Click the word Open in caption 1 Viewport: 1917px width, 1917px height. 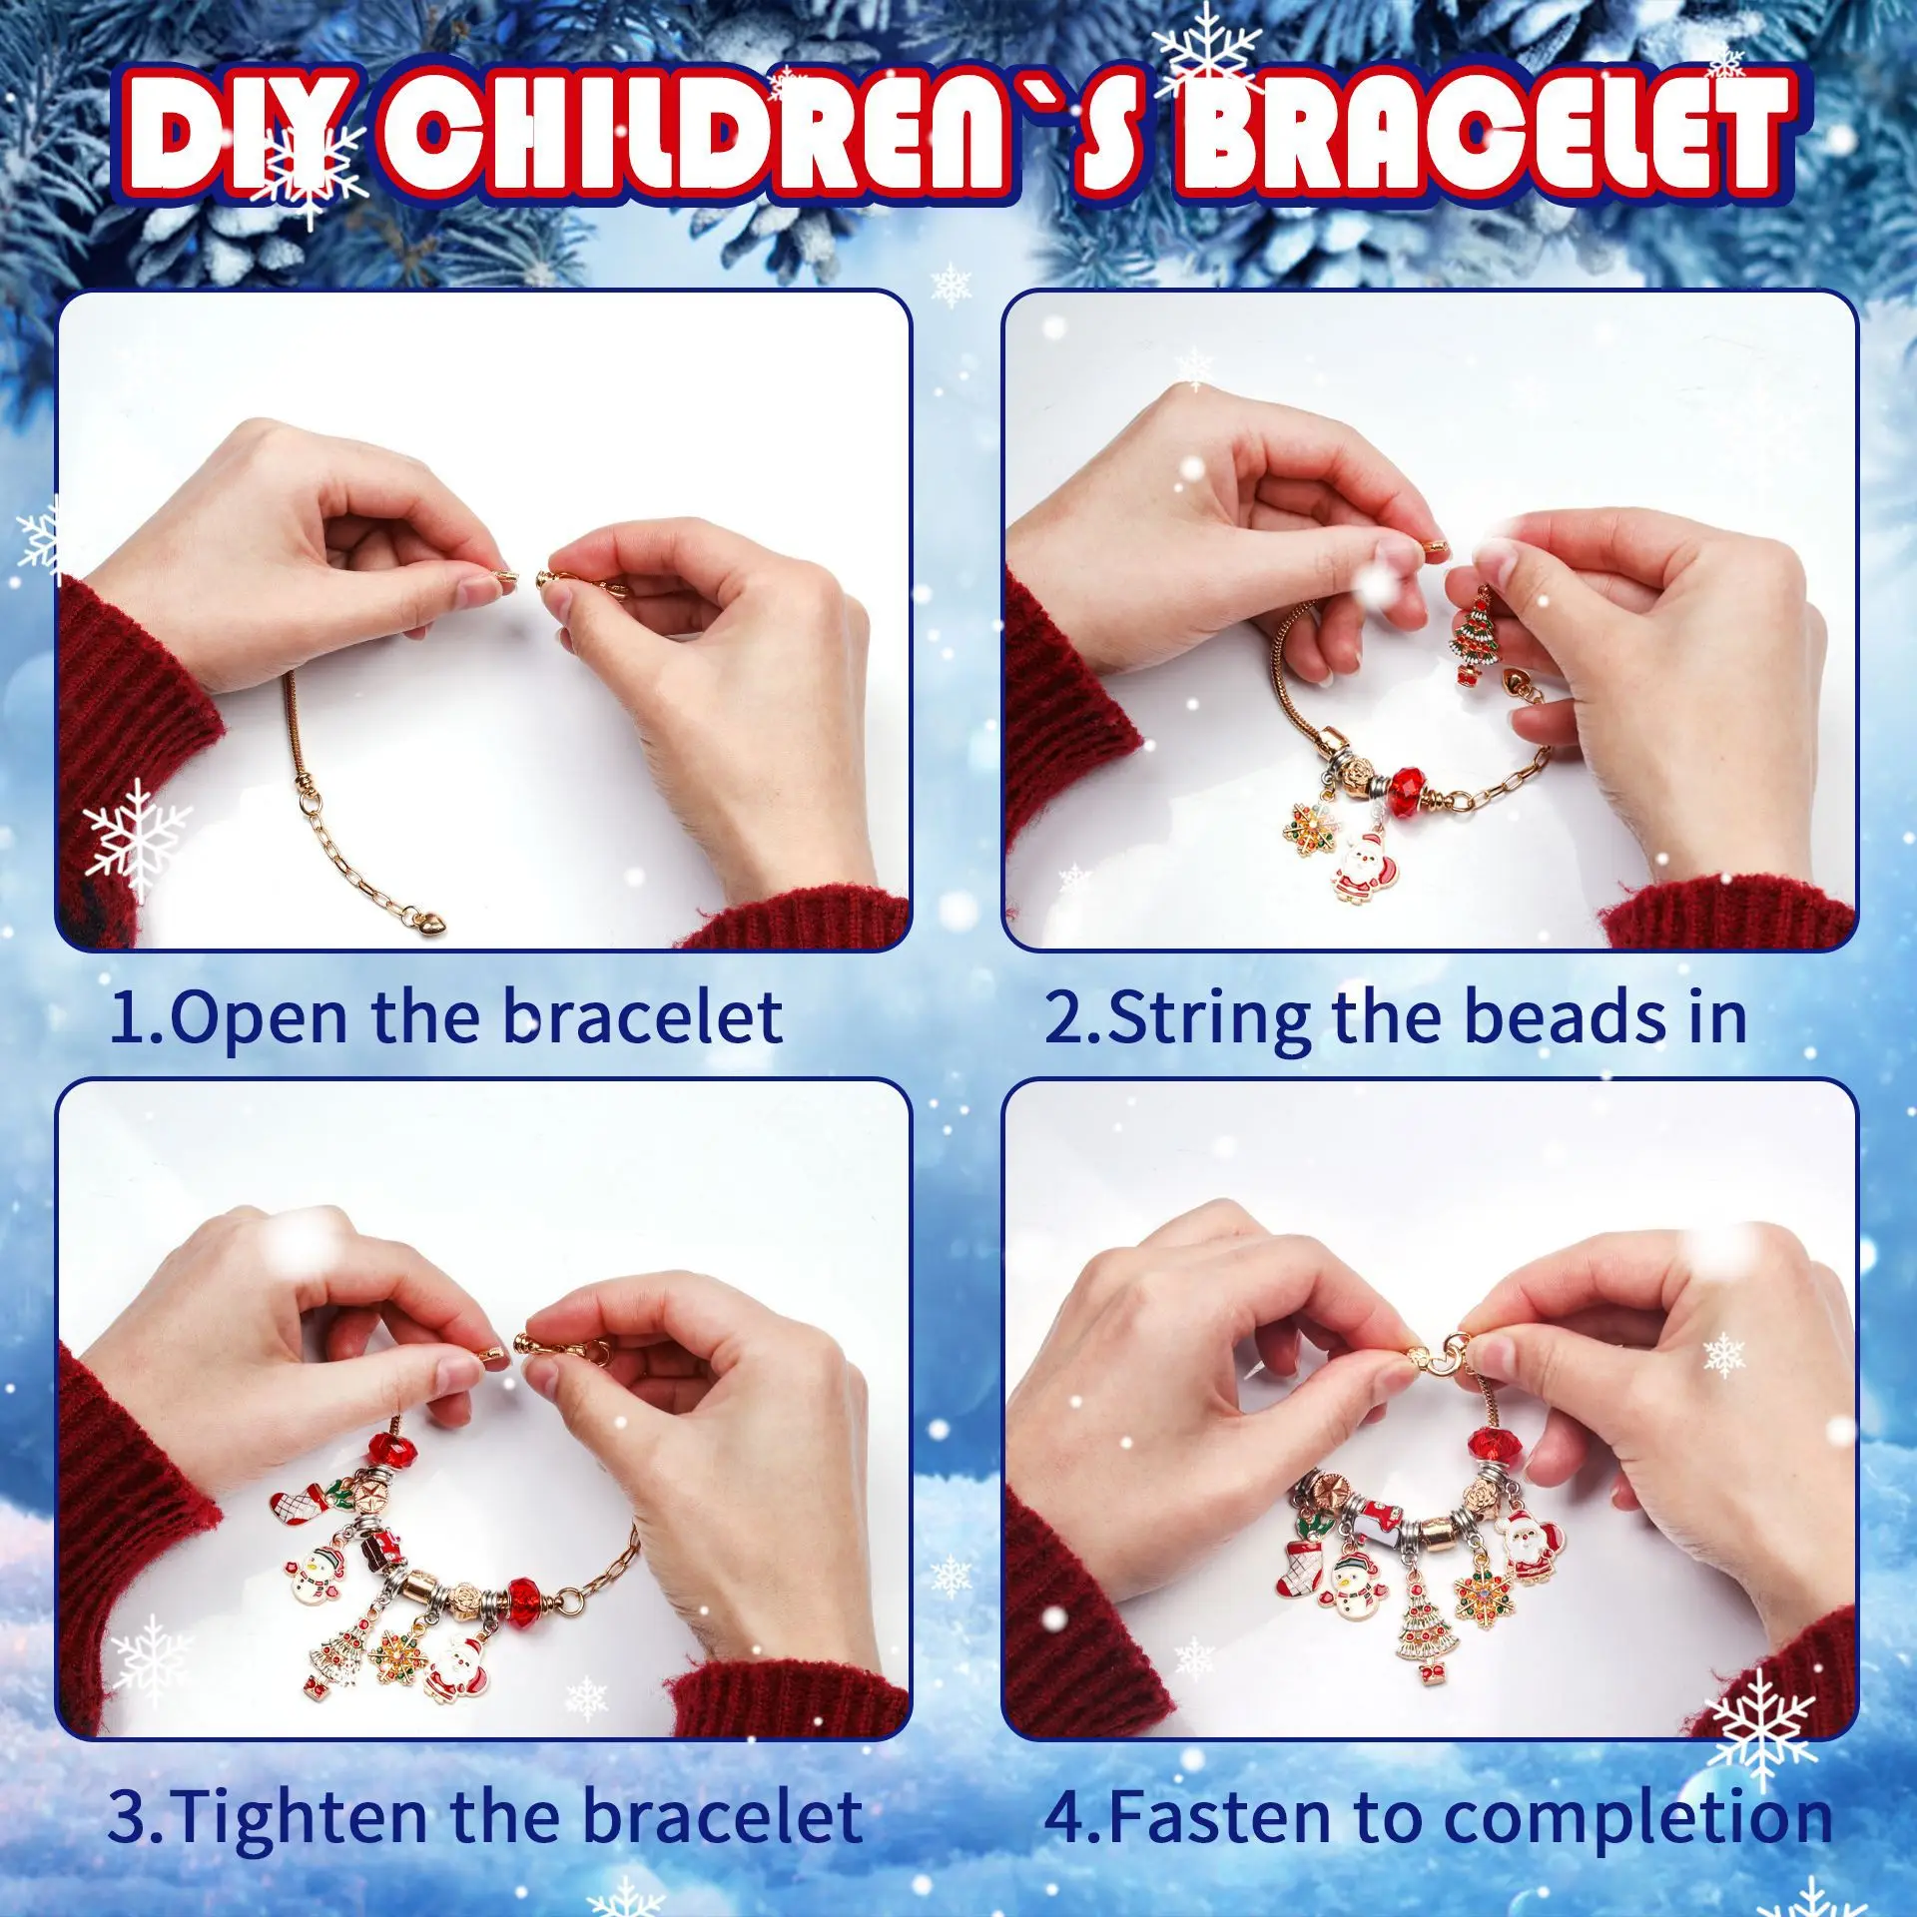pyautogui.click(x=260, y=1019)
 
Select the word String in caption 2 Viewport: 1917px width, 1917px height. pyautogui.click(x=1209, y=1019)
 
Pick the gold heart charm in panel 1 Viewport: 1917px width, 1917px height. pyautogui.click(x=433, y=923)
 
